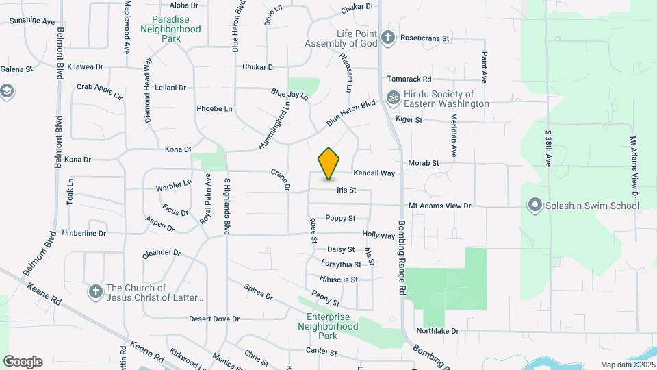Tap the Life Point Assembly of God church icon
point(388,37)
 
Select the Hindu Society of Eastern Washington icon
point(393,98)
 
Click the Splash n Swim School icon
point(535,205)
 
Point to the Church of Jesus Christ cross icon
point(96,293)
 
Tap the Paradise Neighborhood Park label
point(170,29)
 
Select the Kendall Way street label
point(374,173)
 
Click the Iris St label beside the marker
point(346,190)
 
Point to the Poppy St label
point(340,218)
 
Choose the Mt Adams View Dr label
point(440,205)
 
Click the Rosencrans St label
point(424,38)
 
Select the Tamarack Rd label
point(409,79)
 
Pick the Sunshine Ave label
point(32,21)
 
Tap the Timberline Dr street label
point(83,233)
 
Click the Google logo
point(23,362)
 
